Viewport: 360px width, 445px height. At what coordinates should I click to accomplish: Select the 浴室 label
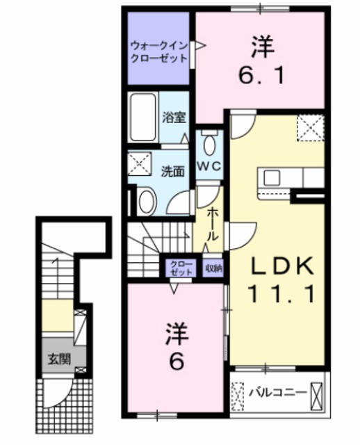tap(174, 117)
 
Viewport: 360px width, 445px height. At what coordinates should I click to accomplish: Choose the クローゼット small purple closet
tap(180, 268)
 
